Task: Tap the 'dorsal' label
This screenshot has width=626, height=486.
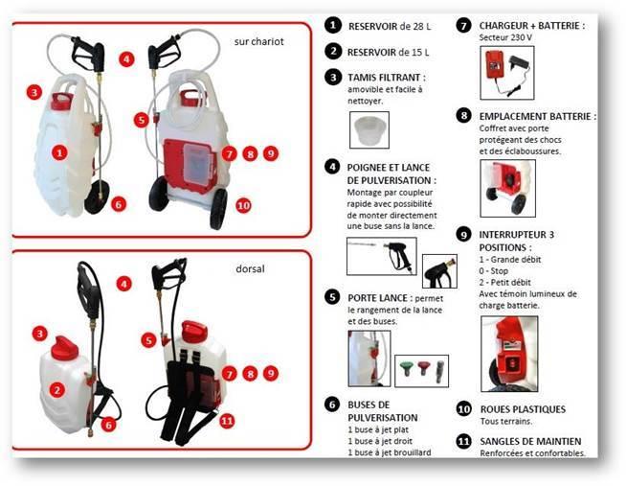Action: tap(250, 271)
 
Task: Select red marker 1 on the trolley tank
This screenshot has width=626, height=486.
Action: tap(60, 151)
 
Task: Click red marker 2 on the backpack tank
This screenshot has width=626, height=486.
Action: tap(58, 389)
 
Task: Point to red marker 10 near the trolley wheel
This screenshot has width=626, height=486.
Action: tap(243, 205)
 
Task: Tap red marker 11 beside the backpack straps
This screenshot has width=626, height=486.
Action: tap(227, 420)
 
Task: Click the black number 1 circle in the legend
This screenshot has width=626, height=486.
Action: tap(332, 26)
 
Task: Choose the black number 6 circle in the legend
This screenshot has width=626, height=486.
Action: tap(332, 405)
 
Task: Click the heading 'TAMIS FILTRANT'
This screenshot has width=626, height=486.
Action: tap(388, 77)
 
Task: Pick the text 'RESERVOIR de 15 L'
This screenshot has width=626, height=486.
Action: tap(389, 51)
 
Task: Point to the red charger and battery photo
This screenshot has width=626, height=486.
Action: tap(506, 72)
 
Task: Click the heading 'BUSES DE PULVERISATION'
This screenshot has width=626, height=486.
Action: tap(383, 411)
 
